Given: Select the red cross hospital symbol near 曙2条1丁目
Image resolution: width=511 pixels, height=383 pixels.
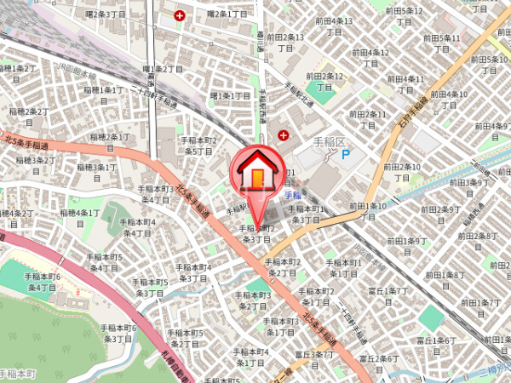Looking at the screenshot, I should point(180,15).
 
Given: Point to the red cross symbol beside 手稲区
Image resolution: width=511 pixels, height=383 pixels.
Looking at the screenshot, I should point(284,136).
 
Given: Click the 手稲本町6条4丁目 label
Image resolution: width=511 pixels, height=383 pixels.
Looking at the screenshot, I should point(42,283).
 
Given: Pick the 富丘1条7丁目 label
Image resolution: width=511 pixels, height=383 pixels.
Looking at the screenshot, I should point(388,296).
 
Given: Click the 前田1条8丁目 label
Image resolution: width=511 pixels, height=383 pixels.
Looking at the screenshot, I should point(446,280).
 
